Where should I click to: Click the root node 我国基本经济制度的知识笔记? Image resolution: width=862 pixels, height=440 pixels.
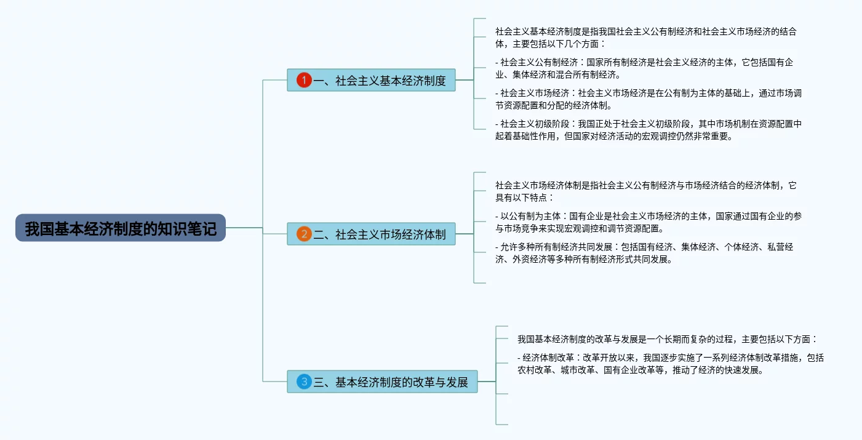(121, 228)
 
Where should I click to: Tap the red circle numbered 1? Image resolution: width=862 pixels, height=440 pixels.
(304, 80)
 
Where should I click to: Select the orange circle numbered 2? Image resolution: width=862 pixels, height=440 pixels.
(304, 234)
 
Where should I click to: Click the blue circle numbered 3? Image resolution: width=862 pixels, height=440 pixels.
(304, 382)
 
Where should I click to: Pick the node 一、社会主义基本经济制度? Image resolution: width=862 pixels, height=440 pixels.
(378, 80)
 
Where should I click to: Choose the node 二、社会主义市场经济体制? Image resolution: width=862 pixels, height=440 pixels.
(378, 234)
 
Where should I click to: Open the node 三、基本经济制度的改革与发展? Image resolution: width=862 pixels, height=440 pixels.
(390, 382)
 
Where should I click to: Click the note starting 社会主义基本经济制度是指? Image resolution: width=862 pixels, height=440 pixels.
(646, 37)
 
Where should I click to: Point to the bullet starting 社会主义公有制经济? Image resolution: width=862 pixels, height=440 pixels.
(646, 68)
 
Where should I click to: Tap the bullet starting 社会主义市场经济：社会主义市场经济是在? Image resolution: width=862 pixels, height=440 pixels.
(646, 98)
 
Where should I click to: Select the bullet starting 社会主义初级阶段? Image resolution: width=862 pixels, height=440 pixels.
(646, 129)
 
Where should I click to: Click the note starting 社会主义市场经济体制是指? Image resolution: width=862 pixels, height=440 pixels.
(646, 191)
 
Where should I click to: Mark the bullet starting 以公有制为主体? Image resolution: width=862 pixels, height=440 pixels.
(646, 222)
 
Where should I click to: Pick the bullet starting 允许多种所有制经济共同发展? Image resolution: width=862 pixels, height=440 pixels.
(646, 252)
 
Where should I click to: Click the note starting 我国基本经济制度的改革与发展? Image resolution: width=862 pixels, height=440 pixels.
(668, 338)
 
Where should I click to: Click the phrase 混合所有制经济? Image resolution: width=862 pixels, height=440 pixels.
(586, 75)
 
